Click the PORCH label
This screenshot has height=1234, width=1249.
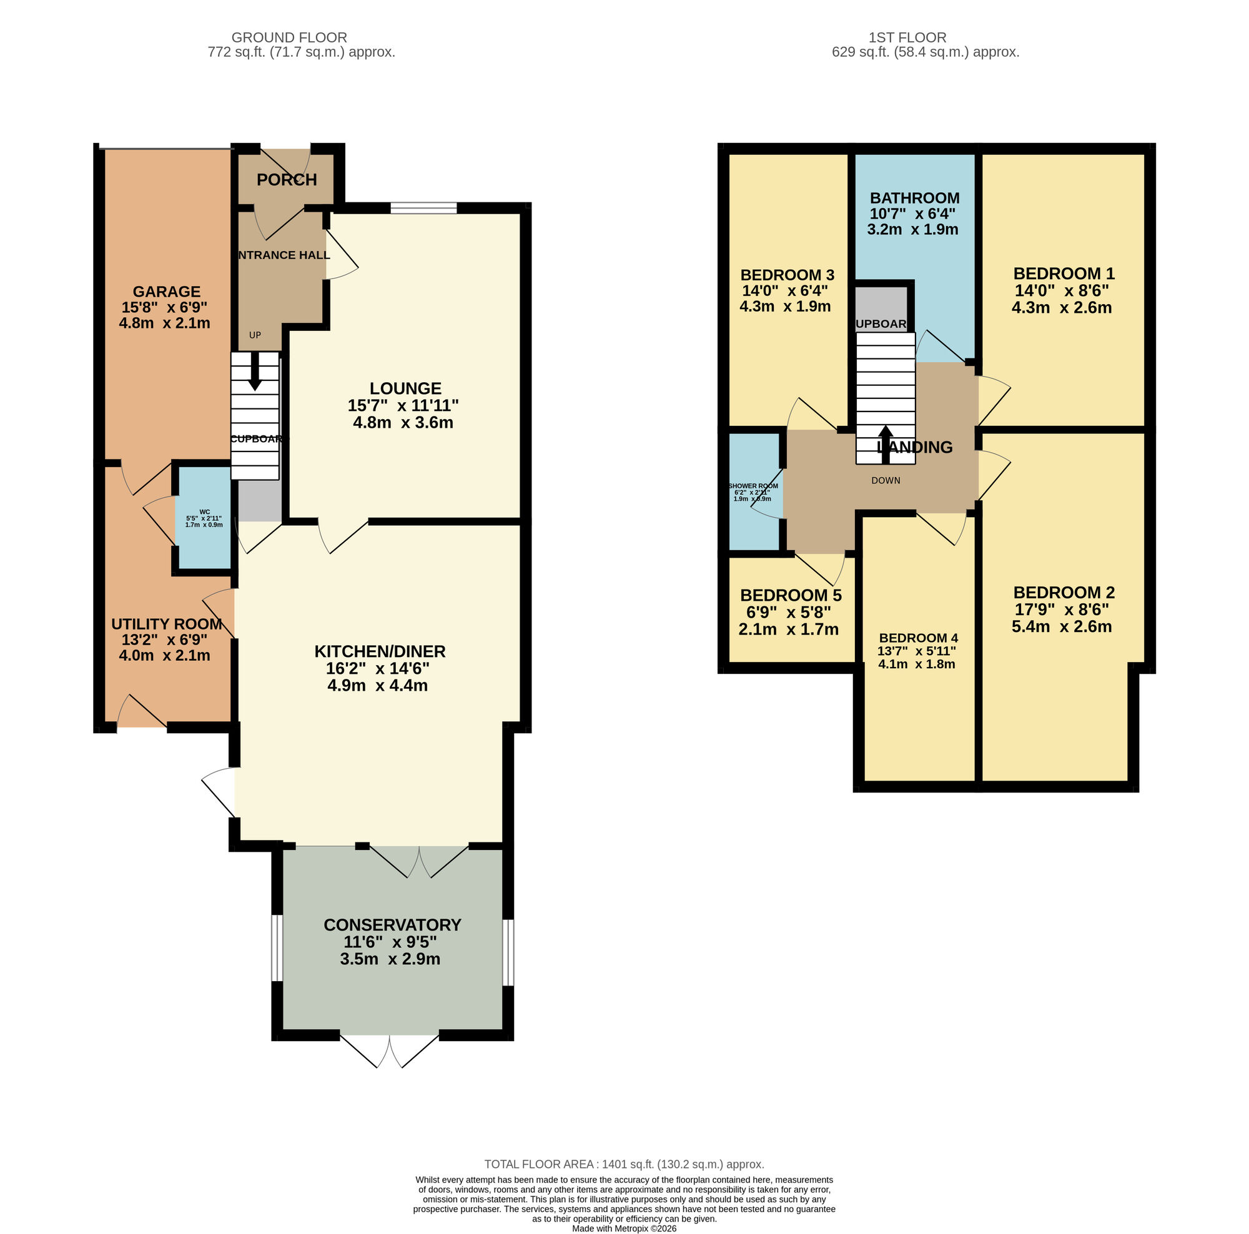tap(287, 180)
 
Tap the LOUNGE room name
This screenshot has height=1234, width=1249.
tap(405, 388)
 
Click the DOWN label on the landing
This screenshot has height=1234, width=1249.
tap(885, 480)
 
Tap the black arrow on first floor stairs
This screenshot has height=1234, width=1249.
tap(885, 443)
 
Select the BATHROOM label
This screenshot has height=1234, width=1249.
tap(914, 198)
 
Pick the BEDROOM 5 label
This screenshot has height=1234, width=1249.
tap(791, 595)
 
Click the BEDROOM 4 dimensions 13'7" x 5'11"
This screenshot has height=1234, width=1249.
tap(916, 651)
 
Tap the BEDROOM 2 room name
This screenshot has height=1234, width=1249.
tap(1064, 592)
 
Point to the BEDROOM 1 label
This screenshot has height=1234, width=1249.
tap(1064, 273)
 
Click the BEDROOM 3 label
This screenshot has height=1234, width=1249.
tap(787, 275)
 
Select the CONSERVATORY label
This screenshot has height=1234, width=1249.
tap(392, 924)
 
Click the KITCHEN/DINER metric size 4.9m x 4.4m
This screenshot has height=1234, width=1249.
tap(378, 685)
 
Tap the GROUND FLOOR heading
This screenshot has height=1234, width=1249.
tap(289, 37)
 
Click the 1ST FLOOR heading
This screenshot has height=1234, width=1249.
tap(907, 37)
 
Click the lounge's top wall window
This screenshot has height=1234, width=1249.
tap(423, 207)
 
